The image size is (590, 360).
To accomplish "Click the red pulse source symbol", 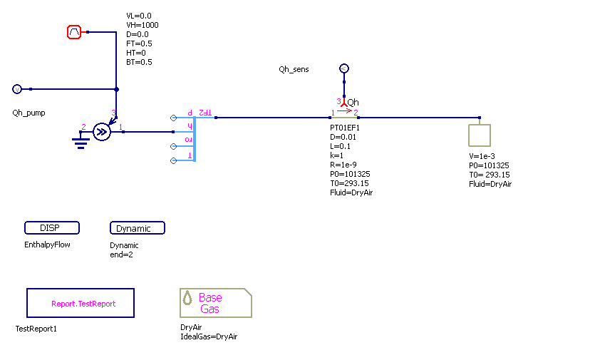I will (75, 32).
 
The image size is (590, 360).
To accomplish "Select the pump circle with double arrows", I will (102, 131).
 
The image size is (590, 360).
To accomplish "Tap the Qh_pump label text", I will (29, 113).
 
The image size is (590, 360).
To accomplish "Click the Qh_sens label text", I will (294, 69).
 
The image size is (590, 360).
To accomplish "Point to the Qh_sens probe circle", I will (343, 68).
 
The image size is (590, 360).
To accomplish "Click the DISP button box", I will (52, 228).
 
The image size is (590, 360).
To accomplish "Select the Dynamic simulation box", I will (138, 228).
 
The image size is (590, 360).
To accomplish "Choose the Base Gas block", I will (216, 303).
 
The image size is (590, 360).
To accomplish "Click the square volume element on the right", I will (480, 135).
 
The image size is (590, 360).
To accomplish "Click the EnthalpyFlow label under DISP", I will (47, 245).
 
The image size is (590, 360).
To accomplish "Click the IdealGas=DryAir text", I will (209, 336).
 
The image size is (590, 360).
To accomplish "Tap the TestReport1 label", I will (36, 329).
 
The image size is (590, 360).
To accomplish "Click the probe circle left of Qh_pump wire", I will (17, 89).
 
